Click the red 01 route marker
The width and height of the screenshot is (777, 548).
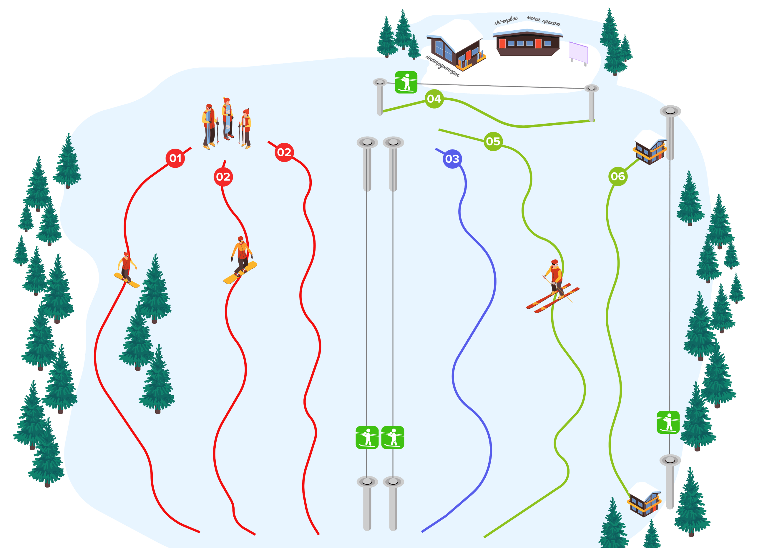pyautogui.click(x=175, y=158)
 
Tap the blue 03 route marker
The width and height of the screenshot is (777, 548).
pyautogui.click(x=452, y=159)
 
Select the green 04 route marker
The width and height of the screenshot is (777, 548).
pyautogui.click(x=434, y=99)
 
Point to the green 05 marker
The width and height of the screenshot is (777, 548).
pyautogui.click(x=493, y=141)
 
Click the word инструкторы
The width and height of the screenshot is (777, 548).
pyautogui.click(x=442, y=66)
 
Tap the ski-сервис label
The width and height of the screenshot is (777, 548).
pyautogui.click(x=506, y=21)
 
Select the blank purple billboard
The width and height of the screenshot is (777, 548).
pyautogui.click(x=578, y=52)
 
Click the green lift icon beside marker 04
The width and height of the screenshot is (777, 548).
pyautogui.click(x=406, y=82)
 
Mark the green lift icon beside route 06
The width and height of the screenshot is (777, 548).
pyautogui.click(x=668, y=422)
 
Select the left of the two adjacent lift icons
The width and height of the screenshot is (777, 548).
pyautogui.click(x=367, y=437)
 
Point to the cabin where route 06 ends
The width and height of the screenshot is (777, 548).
pyautogui.click(x=644, y=499)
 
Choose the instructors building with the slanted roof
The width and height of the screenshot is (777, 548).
pyautogui.click(x=455, y=44)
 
